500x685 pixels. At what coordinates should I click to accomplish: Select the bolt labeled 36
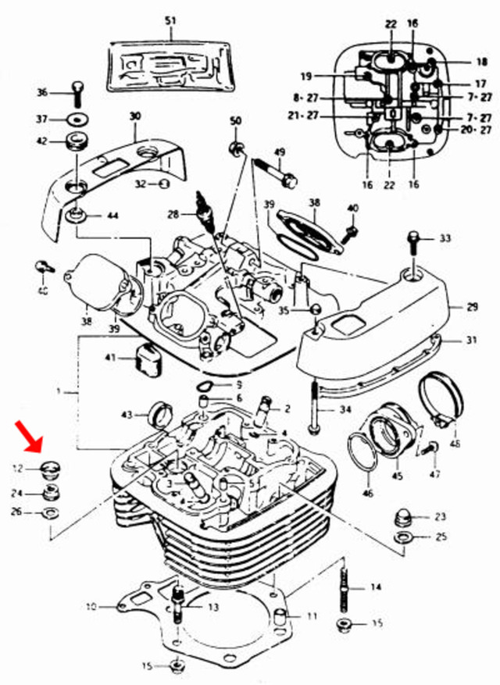point(77,93)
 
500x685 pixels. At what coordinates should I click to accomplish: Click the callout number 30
point(135,116)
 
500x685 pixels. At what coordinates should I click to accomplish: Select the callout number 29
point(472,307)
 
